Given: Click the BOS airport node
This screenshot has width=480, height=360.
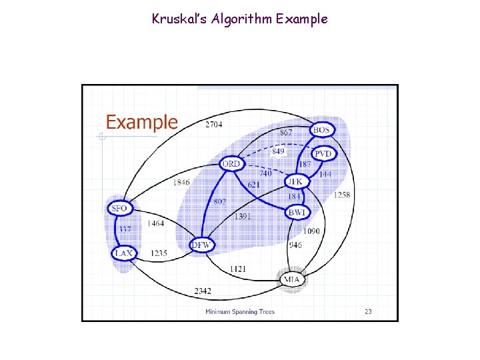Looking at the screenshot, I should (x=321, y=129).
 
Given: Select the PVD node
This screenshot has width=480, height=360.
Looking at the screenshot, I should (x=323, y=154).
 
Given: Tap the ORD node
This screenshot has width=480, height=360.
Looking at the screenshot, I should (x=231, y=164).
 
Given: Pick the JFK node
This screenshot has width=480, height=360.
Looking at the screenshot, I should (x=294, y=181).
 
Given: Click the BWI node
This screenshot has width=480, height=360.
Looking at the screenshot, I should (x=296, y=213).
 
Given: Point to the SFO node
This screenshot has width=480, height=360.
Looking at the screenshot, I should (x=119, y=209).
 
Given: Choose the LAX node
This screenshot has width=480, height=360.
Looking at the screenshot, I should (x=123, y=253).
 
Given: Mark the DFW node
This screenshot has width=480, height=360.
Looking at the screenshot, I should (x=201, y=245).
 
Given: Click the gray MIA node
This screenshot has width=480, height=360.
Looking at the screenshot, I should (x=291, y=279).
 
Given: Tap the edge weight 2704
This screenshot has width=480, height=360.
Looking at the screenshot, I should (x=214, y=125).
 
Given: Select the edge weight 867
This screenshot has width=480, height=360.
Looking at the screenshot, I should (x=285, y=133).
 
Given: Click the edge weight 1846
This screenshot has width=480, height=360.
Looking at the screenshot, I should (x=181, y=182).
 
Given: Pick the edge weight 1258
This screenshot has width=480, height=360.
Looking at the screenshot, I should (x=342, y=195).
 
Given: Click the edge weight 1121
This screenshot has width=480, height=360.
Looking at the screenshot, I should (x=238, y=268).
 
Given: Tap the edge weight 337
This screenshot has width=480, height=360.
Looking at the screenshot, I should (x=125, y=230).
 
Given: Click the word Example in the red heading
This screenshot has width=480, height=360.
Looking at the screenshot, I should (x=142, y=123).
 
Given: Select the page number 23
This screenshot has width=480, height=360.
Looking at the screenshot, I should (x=368, y=311).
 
